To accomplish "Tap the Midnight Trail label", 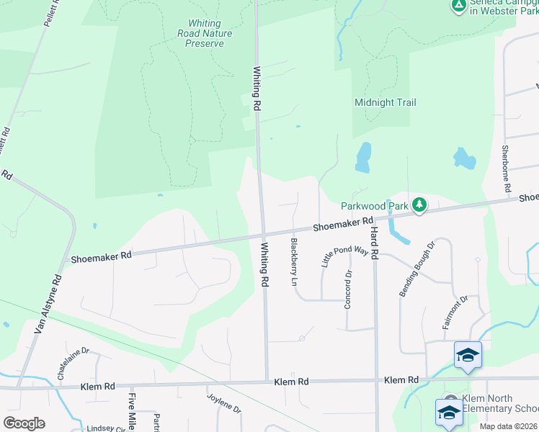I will pyautogui.click(x=385, y=102).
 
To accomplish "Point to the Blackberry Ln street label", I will pyautogui.click(x=294, y=262).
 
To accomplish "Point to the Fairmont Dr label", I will pyautogui.click(x=455, y=312).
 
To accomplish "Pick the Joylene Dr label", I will pyautogui.click(x=224, y=402).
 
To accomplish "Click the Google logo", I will pyautogui.click(x=24, y=423).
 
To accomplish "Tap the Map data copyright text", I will pyautogui.click(x=508, y=426).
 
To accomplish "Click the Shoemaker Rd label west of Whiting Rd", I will pyautogui.click(x=101, y=256).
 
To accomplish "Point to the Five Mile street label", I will pyautogui.click(x=132, y=411).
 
